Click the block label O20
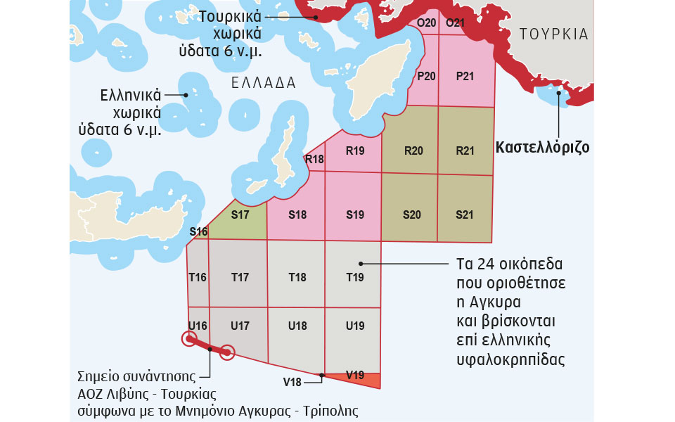pos(427,23)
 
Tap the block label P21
pos(465,76)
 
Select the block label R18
pos(314,159)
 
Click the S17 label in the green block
pos(240,215)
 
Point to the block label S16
pos(198,232)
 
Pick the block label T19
pos(355,277)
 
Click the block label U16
pos(198,326)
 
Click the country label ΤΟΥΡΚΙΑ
pos(553,34)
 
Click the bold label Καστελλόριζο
pos(542,148)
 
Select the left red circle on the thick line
pos(188,340)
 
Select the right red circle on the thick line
pos(227,352)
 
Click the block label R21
pos(465,151)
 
